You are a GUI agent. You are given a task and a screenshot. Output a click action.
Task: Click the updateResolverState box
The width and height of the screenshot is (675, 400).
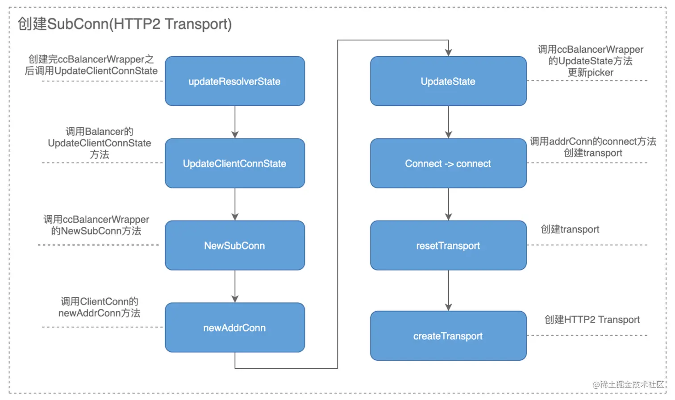tap(235, 81)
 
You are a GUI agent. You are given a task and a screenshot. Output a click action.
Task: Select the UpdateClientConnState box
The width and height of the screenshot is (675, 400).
tap(235, 163)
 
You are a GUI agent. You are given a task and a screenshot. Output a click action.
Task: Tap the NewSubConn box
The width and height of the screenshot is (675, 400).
tap(235, 246)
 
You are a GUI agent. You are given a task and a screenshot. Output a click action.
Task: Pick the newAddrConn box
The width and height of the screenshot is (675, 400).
tap(235, 328)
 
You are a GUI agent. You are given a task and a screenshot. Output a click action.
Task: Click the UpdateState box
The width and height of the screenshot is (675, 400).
tap(448, 81)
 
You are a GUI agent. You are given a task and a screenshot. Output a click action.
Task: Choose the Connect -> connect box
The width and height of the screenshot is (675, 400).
tap(448, 163)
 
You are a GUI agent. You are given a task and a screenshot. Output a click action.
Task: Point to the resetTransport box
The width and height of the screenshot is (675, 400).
tap(448, 246)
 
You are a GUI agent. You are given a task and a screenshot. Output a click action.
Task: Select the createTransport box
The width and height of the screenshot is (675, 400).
tap(448, 336)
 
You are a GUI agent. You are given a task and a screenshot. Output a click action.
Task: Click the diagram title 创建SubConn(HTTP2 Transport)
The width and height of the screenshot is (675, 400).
tap(125, 24)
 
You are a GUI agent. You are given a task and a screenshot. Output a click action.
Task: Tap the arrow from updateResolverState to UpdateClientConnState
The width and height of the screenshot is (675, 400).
tap(235, 122)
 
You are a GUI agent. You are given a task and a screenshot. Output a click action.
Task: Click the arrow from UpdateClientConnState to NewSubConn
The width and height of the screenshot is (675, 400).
tap(235, 204)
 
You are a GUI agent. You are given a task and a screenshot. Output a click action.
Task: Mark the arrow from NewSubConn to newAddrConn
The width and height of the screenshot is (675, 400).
tap(235, 286)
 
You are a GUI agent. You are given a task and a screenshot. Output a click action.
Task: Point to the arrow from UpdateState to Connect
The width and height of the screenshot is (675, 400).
tap(448, 122)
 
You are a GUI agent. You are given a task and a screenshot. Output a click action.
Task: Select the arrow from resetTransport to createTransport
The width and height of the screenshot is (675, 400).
tap(448, 290)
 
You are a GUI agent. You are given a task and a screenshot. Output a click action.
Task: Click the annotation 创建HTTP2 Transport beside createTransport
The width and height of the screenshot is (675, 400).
tap(592, 320)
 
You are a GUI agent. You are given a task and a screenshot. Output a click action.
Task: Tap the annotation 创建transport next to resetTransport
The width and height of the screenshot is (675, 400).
tap(570, 229)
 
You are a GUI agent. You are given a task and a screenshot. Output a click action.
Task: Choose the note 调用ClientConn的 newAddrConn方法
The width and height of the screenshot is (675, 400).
tap(99, 307)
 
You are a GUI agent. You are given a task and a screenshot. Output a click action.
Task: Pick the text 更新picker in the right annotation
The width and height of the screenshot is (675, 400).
tap(590, 72)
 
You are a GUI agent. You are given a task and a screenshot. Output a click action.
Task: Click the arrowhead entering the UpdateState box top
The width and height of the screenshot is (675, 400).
tap(448, 53)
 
